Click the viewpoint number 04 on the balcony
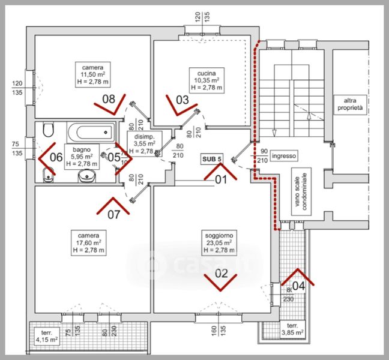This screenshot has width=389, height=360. (298, 286)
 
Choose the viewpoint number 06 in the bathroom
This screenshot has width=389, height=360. (55, 157)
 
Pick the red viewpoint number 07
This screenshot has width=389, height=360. (113, 212)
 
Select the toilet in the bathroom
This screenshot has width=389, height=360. (49, 130)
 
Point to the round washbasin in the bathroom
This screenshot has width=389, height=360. (88, 176)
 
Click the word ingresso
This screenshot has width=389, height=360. (283, 156)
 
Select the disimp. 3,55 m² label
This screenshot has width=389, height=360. (144, 144)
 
